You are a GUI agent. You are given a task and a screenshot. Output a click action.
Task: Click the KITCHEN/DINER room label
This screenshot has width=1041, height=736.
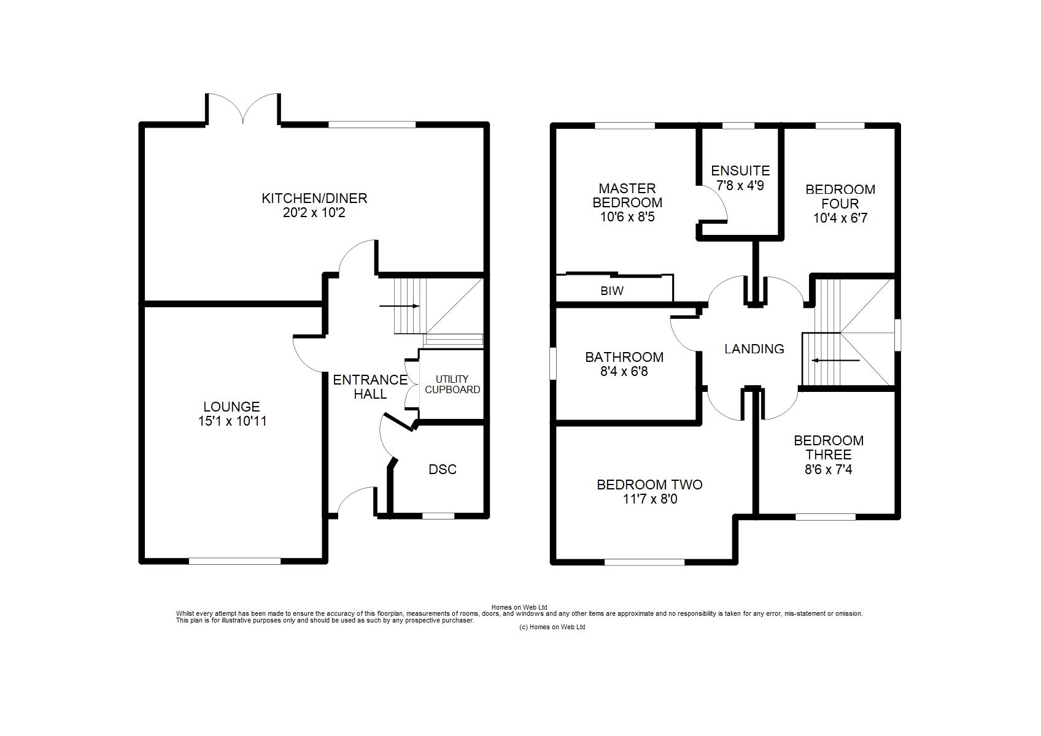314,198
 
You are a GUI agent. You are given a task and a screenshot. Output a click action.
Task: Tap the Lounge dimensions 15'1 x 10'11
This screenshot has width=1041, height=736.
232,421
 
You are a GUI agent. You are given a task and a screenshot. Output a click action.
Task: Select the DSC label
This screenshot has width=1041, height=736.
443,469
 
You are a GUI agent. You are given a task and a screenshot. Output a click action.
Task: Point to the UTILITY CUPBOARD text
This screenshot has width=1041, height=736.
452,385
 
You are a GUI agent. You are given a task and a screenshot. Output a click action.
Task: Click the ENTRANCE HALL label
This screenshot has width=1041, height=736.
370,387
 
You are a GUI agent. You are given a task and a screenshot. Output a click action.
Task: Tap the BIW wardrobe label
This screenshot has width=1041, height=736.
612,291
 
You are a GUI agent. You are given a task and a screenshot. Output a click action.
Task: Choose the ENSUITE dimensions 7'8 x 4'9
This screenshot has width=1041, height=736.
740,186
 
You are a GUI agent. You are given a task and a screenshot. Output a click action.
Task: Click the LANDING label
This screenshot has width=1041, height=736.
754,349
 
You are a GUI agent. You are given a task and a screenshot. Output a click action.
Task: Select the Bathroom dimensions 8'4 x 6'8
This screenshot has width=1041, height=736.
624,372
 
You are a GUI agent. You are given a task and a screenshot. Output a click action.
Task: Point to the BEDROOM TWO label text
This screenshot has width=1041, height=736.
649,485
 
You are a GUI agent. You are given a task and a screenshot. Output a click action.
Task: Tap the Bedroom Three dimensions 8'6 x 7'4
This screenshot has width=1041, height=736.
829,469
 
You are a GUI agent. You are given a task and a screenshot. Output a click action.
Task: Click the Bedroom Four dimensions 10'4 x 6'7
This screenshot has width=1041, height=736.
840,218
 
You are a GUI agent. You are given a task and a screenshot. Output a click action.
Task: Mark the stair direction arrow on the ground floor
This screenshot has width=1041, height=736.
399,306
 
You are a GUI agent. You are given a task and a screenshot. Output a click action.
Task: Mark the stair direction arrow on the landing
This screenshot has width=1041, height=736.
835,360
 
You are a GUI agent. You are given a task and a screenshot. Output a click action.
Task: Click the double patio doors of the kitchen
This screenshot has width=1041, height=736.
243,109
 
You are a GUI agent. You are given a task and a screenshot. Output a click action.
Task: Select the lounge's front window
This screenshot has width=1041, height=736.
234,561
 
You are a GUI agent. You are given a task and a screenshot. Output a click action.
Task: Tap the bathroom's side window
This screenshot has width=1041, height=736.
553,364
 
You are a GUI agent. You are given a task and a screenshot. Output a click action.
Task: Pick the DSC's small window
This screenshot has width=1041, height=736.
438,516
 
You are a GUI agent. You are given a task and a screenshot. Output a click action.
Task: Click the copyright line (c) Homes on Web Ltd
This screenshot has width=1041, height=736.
552,627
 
